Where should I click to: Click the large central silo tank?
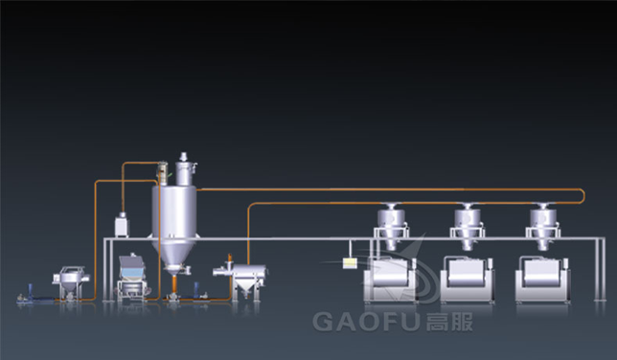(x=173, y=215)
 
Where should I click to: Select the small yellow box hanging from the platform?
(x=352, y=259)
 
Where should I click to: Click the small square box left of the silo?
(x=122, y=227)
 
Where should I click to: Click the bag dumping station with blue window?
(x=131, y=273)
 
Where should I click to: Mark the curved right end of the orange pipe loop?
(x=584, y=196)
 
